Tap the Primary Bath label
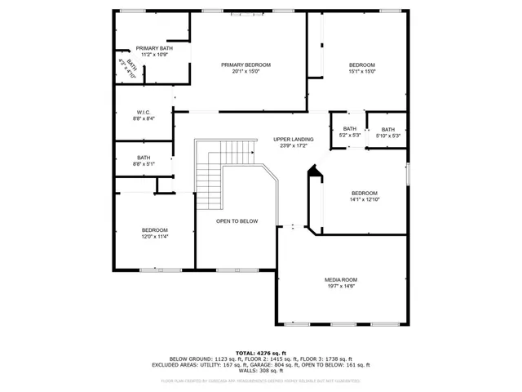[154, 48]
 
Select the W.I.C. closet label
[144, 112]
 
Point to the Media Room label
[341, 279]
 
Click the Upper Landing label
[293, 140]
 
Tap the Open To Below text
[237, 221]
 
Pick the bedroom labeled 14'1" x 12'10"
[365, 196]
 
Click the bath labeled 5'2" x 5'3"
[349, 132]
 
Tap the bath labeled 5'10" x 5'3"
[387, 132]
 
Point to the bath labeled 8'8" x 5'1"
[144, 161]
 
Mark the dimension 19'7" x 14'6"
[341, 286]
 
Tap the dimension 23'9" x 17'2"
[293, 146]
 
